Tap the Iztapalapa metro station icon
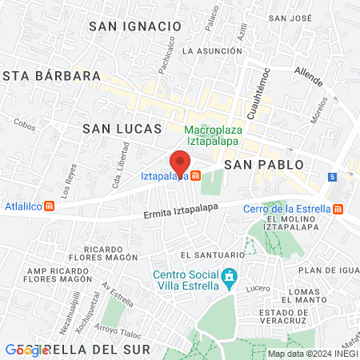tap(196, 175)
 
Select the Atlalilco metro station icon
tap(50, 204)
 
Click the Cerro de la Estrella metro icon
tap(338, 210)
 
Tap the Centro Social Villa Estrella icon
tap(230, 278)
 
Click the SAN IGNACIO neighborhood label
tap(130, 26)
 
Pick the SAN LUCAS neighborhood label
tap(122, 128)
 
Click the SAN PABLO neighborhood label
tap(264, 164)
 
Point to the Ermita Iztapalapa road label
tap(181, 211)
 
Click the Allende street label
tap(308, 78)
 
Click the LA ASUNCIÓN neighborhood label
tap(212, 50)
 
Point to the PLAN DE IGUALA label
tap(328, 270)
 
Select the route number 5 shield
tap(331, 176)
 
